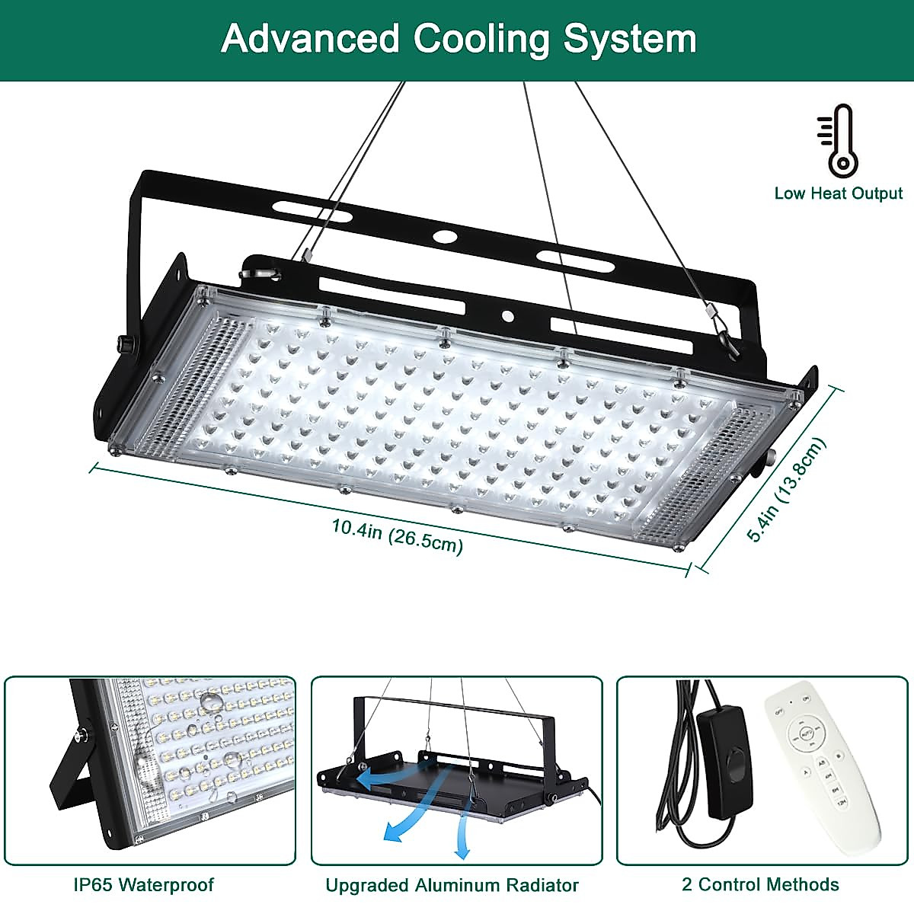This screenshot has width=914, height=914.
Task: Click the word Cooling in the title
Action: pos(481,39)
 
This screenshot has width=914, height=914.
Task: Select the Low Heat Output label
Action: pos(838,193)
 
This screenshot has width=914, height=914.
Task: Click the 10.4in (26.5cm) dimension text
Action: pos(397,535)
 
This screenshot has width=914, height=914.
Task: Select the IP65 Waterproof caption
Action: pos(144,885)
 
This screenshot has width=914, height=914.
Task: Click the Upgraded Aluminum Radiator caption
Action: pos(452,886)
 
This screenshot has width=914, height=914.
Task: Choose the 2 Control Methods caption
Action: pos(760,885)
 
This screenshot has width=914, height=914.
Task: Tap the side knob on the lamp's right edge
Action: pos(764,461)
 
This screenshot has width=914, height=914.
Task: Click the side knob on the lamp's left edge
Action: pos(123,344)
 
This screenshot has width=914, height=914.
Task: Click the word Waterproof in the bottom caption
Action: pos(167,885)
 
